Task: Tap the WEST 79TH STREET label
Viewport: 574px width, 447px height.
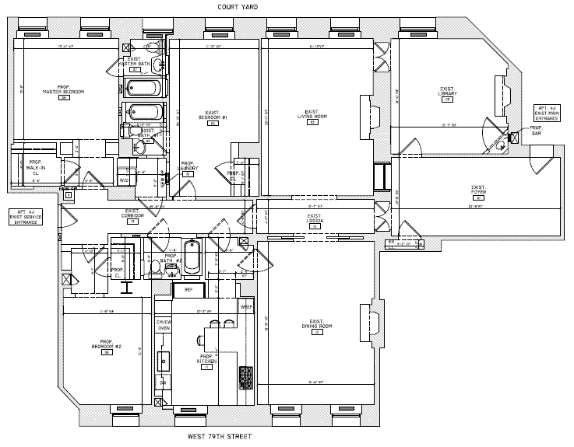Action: (x=220, y=437)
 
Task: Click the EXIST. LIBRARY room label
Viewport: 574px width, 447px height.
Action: (x=447, y=94)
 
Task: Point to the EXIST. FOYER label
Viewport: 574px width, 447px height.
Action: (x=478, y=189)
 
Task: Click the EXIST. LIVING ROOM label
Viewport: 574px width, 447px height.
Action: (x=312, y=114)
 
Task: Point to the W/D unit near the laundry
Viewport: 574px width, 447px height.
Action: (x=124, y=180)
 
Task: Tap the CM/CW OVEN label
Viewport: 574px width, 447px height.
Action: (x=164, y=325)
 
